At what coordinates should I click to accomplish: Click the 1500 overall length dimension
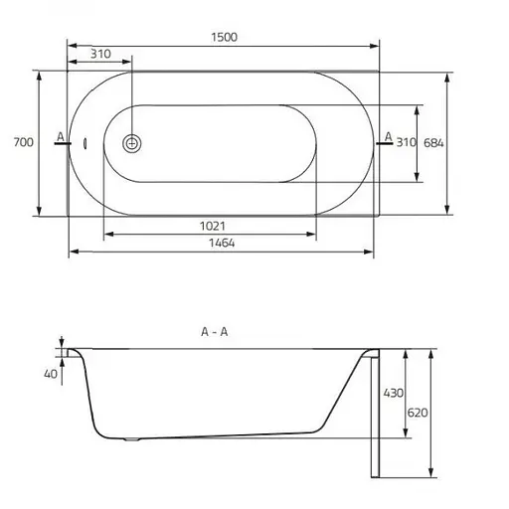[x=224, y=37]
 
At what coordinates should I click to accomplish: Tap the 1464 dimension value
[x=222, y=244]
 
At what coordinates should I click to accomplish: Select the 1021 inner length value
[x=213, y=227]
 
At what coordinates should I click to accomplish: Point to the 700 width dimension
[x=24, y=142]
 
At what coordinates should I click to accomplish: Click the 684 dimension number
[x=433, y=143]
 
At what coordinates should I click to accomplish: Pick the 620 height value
[x=418, y=413]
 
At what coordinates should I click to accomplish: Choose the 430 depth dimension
[x=394, y=394]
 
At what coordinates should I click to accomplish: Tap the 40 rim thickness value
[x=51, y=374]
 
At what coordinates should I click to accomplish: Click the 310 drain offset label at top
[x=100, y=54]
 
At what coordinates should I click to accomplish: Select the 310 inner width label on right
[x=407, y=143]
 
